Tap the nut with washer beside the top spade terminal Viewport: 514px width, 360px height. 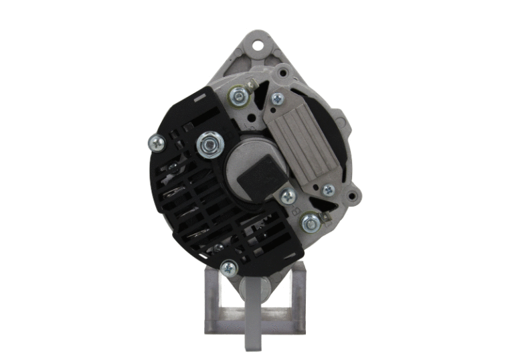(x=236, y=96)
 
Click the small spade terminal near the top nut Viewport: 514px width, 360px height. (x=252, y=86)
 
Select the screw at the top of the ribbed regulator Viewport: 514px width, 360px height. (x=277, y=99)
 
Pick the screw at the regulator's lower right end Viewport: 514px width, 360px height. (x=328, y=190)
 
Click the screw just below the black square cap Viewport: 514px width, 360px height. (x=288, y=196)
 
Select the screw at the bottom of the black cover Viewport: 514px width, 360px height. (x=228, y=267)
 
